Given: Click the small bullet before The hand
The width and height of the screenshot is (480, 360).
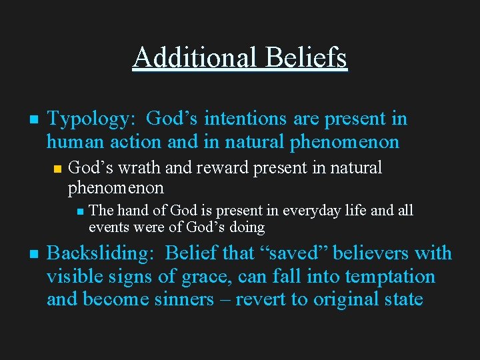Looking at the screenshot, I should coord(79,212).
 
